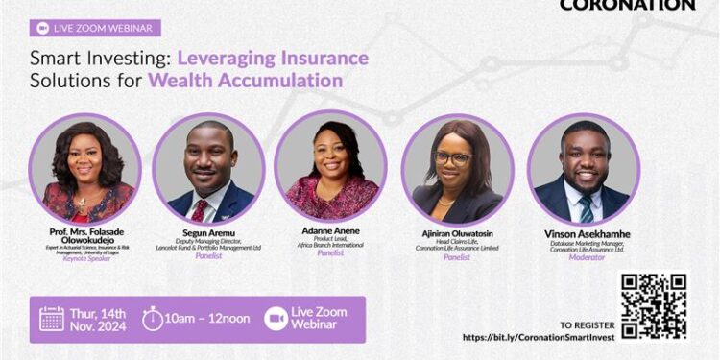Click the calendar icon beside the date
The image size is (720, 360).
(52, 319)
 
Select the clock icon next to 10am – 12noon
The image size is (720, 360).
(153, 319)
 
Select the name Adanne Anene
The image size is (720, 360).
(332, 232)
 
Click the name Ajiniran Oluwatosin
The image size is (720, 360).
(457, 233)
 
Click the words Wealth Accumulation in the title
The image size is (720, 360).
(245, 80)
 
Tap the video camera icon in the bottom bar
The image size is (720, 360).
(276, 319)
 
